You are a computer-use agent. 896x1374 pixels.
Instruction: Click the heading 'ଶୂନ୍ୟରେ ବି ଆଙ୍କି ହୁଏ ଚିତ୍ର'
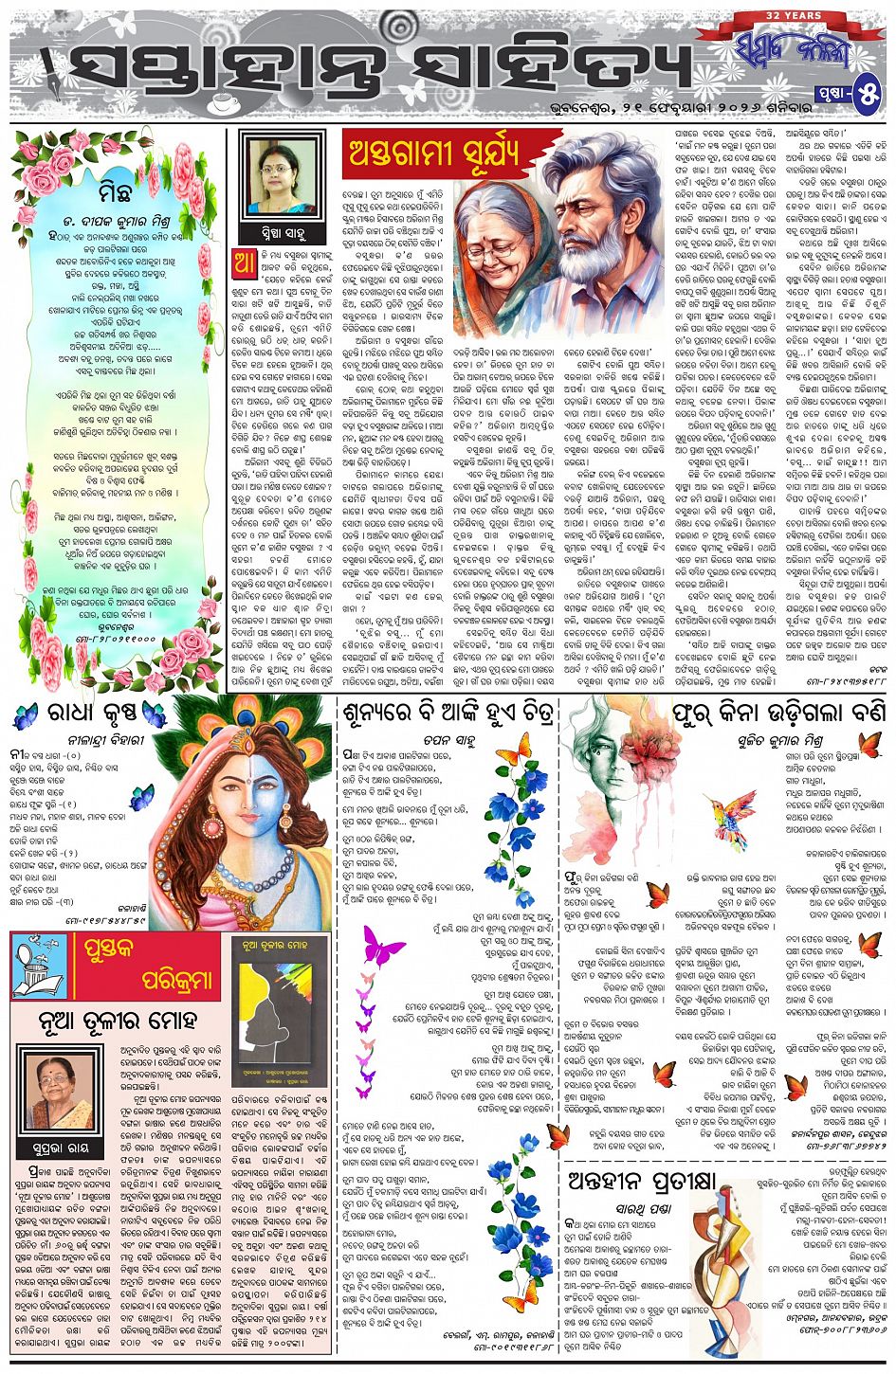pyautogui.click(x=448, y=713)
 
